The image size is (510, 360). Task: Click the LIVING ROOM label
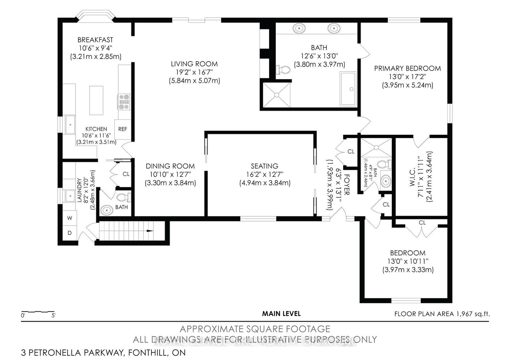[x=194, y=64]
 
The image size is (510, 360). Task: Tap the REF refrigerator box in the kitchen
[x=122, y=129]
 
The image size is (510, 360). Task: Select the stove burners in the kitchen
[x=124, y=102]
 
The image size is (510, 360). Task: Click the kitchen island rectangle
[x=96, y=100]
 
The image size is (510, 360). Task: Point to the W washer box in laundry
[x=69, y=218]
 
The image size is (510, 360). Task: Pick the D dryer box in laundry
[x=69, y=233]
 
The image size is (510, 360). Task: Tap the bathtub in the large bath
[x=348, y=89]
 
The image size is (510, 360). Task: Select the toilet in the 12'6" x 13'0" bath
[x=283, y=70]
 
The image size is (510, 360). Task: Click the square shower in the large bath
[x=277, y=95]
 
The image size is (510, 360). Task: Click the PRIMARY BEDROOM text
[x=407, y=68]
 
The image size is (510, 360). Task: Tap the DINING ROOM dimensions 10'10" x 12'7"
[x=170, y=174]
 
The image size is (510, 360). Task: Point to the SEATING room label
[x=264, y=166]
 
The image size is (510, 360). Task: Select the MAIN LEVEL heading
[x=281, y=313]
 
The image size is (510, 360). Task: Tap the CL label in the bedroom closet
[x=422, y=223]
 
